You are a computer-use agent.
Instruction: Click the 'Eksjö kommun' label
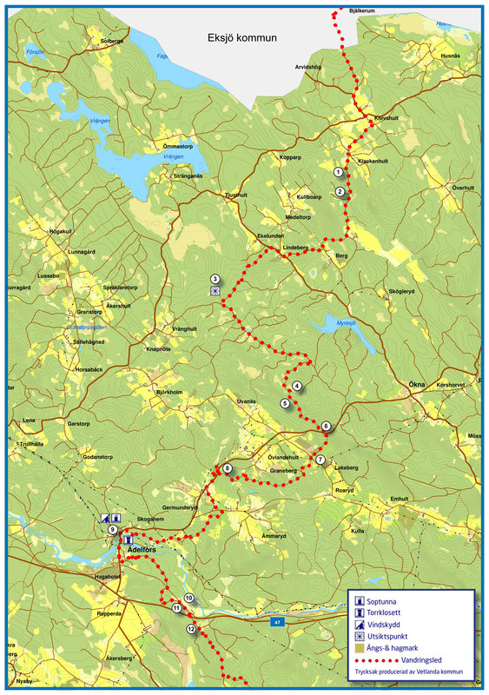point(241,37)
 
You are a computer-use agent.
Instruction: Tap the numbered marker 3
point(215,279)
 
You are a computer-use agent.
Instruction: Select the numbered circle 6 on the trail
point(326,426)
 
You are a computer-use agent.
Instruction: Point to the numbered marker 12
point(191,629)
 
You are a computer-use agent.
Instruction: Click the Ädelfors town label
point(141,550)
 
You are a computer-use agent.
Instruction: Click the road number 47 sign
point(278,623)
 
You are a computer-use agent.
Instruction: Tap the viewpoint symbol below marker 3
point(215,292)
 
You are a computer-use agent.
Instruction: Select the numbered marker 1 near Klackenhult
point(339,172)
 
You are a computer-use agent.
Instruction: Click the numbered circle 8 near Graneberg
point(228,469)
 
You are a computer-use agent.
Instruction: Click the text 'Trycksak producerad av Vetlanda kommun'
point(409,672)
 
